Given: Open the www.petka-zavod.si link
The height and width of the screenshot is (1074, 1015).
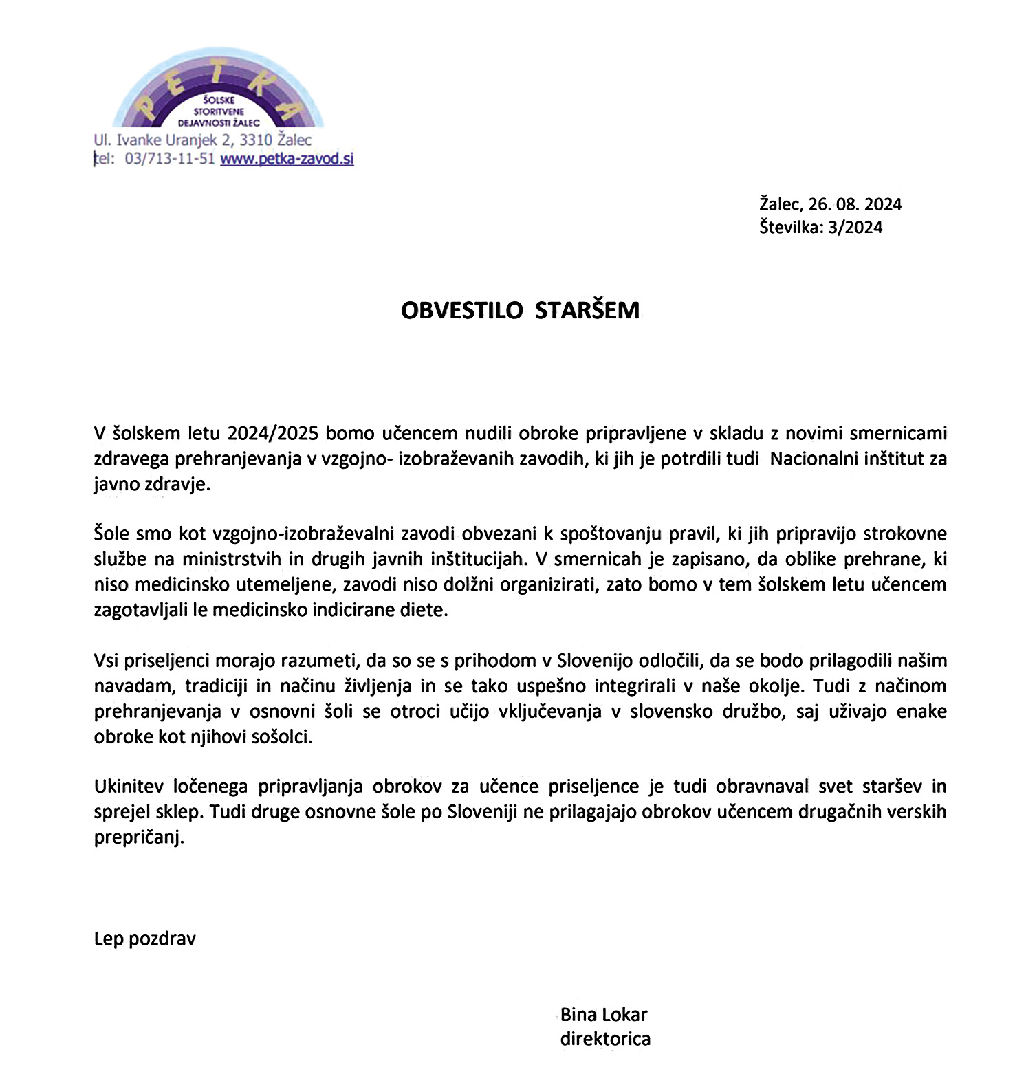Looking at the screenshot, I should coord(287,159).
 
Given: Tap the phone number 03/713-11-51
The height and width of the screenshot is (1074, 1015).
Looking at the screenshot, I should coord(170,159).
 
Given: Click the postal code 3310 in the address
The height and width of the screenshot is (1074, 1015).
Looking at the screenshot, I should coord(256,140).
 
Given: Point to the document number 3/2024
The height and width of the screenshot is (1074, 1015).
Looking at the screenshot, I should coord(855,228).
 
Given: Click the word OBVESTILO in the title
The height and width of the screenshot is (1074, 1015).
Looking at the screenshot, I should coord(462,310).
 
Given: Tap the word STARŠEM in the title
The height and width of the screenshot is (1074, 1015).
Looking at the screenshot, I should coord(587,310).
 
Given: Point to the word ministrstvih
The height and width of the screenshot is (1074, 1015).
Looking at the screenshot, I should coord(232,559).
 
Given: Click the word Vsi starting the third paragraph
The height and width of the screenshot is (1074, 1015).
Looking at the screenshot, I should coord(107,661).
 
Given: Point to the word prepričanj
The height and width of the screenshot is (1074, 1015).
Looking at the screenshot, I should coord(139,838).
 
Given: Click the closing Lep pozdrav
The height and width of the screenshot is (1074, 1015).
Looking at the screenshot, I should coord(145,939).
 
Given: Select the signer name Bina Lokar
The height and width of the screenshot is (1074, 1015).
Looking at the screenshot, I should coord(604,1015).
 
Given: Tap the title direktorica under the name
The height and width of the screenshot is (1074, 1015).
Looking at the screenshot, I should coord(605,1039).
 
